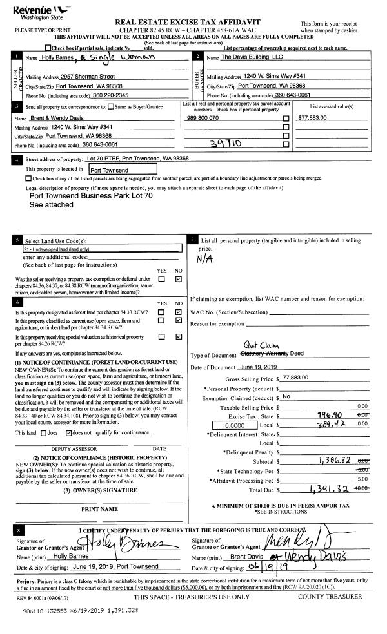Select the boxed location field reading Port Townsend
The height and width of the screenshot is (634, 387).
123,170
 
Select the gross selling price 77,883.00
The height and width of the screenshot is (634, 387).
300,378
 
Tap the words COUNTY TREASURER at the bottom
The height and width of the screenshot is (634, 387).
330,597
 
